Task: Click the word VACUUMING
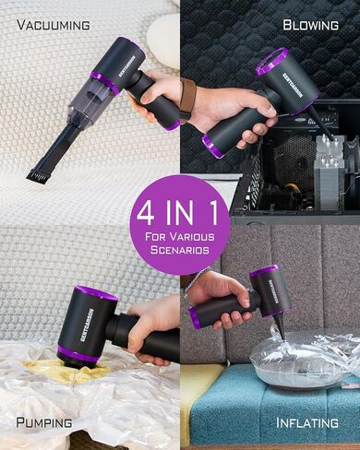pos(54,25)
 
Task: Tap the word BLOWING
pos(310,25)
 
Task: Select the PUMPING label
pos(44,422)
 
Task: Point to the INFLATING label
pos(307,422)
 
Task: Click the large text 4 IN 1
pos(177,214)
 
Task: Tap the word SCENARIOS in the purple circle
pos(180,250)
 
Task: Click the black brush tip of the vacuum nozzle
pos(37,176)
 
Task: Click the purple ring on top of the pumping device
pos(96,294)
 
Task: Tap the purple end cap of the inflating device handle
pos(194,317)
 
